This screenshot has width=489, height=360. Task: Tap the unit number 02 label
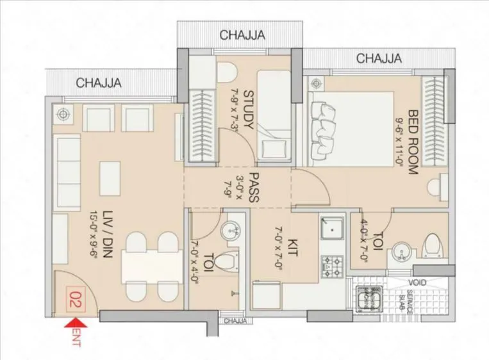click(x=75, y=300)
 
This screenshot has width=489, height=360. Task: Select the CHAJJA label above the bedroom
click(x=379, y=58)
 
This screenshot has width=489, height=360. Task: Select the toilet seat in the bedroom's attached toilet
click(x=433, y=246)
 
